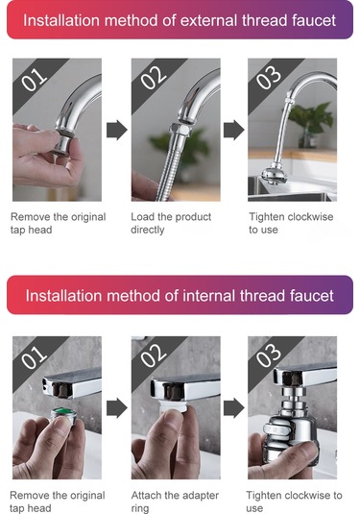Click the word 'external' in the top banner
pos(209,20)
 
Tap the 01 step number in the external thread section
pos(34,80)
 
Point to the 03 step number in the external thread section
pos(269,78)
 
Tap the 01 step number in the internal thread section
pos(34,357)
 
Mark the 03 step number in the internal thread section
pos(269,356)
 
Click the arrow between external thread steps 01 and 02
pos(116,130)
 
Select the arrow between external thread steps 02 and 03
pos(234,130)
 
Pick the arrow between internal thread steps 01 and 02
pos(116,408)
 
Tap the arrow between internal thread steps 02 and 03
pos(234,408)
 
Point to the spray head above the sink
pos(274,176)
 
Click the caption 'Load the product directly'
pos(171,223)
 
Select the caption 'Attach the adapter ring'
pos(175,502)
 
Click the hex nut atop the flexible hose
pos(180,130)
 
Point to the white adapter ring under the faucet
pos(174,406)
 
